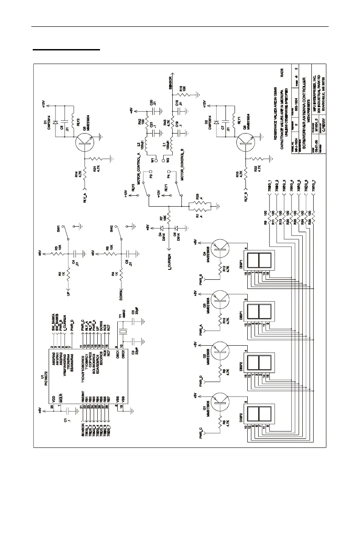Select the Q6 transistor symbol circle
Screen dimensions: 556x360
tap(85, 143)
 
